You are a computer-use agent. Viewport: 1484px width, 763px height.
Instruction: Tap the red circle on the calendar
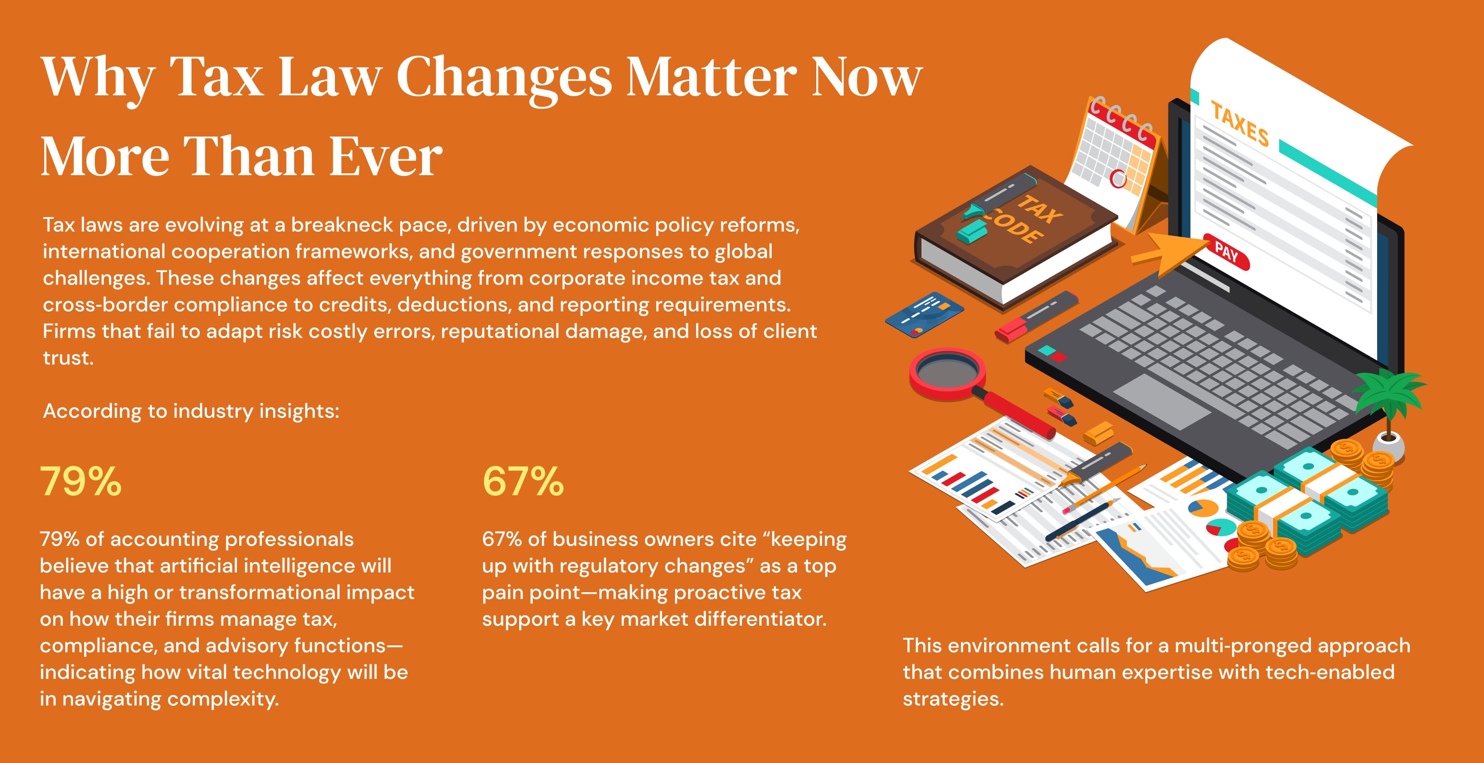(x=1118, y=179)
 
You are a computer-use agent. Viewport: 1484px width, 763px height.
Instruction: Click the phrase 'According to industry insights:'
(x=191, y=411)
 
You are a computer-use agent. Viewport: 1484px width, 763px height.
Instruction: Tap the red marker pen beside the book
(x=1037, y=317)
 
